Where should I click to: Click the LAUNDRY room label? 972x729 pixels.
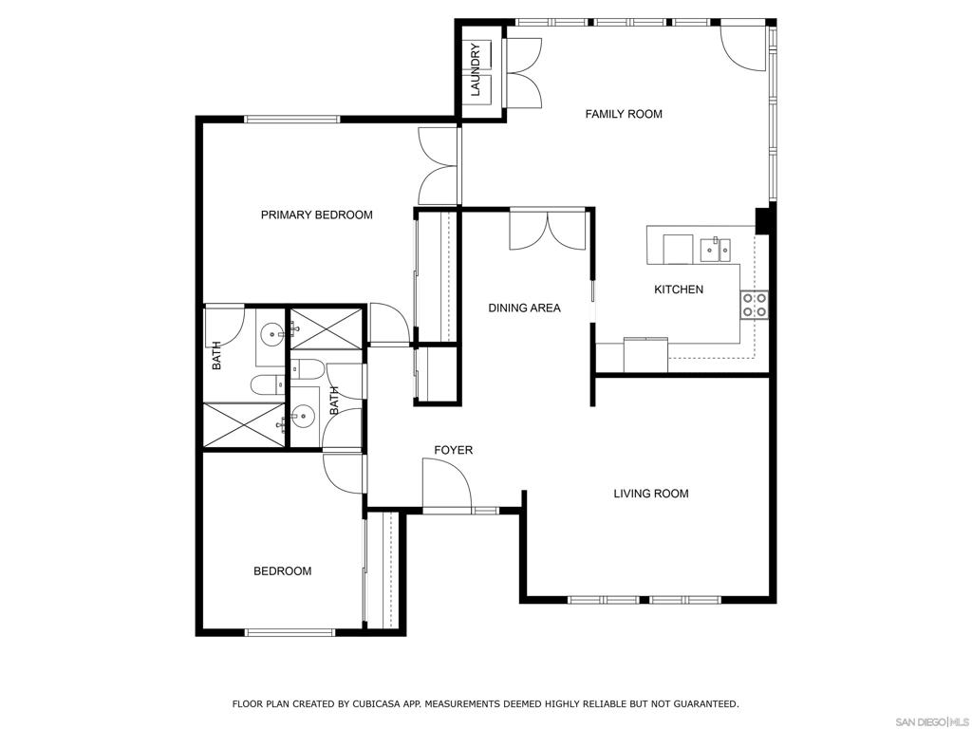(x=476, y=68)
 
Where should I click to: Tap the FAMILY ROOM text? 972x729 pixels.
(x=624, y=114)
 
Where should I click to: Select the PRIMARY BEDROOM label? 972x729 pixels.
(x=317, y=215)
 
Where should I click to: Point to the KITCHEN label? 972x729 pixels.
(x=679, y=290)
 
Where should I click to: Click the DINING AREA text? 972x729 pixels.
(x=524, y=308)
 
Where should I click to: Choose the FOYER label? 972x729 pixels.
(x=453, y=450)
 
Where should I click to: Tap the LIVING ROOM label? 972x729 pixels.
(x=651, y=494)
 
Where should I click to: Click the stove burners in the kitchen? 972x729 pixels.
(x=755, y=305)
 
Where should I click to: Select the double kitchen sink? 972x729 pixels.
(x=715, y=250)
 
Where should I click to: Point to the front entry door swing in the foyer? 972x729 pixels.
(x=446, y=483)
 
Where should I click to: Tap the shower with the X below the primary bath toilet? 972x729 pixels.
(x=244, y=424)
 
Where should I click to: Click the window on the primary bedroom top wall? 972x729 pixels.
(x=292, y=119)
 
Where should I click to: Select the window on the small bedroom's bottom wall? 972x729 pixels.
(x=290, y=632)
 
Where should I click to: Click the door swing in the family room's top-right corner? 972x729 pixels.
(x=742, y=47)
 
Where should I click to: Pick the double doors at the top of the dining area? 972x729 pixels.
(x=548, y=231)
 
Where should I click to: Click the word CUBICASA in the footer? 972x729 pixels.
(x=376, y=703)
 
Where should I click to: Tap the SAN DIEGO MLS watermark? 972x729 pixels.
(x=933, y=722)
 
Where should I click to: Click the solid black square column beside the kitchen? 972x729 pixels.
(x=762, y=221)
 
